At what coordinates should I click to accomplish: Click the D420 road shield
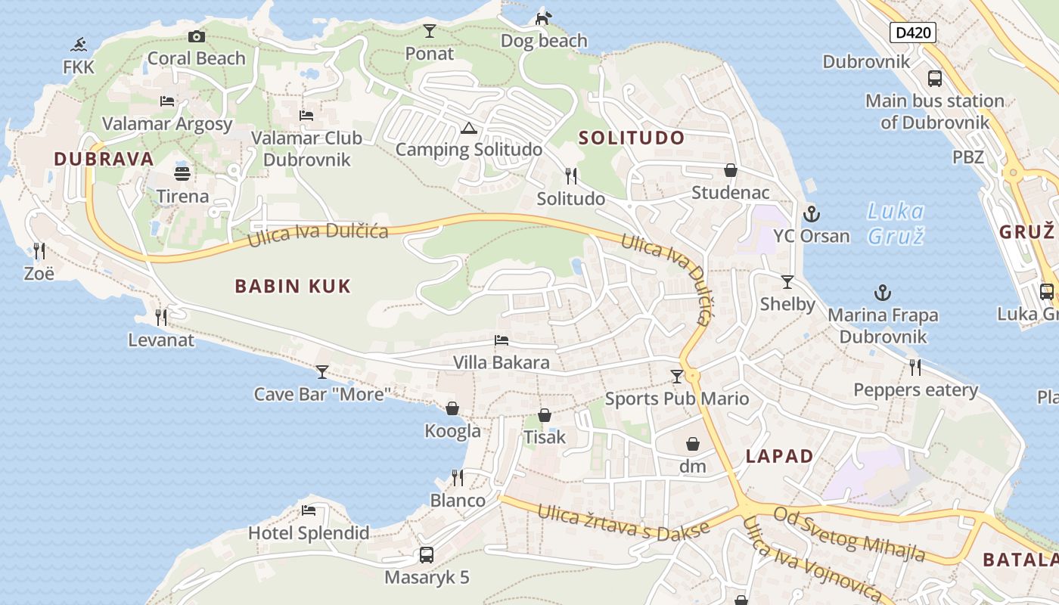coord(913,33)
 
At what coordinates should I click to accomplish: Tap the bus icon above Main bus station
coord(935,79)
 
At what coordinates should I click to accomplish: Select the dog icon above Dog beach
coord(543,18)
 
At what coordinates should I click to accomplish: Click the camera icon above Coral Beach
coord(197,36)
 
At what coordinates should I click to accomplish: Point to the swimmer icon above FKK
coord(79,45)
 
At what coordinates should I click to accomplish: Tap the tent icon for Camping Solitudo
coord(468,128)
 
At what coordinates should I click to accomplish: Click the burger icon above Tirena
coord(182,174)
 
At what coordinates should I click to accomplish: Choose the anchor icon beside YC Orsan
coord(812,214)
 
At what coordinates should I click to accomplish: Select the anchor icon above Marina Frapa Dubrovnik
coord(882,293)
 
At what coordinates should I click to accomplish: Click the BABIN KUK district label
coord(293,286)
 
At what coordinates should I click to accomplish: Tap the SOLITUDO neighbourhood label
coord(632,138)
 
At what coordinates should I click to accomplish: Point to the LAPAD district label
coord(779,456)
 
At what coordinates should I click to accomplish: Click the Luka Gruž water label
coord(896,223)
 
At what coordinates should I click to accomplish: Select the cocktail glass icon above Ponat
coord(430,31)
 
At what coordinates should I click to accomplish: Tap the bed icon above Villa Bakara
coord(501,340)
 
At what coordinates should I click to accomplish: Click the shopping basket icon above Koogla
coord(452,408)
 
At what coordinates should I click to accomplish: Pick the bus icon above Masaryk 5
coord(427,555)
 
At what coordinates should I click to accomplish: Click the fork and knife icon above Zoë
coord(39,250)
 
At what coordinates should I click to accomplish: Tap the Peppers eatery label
coord(915,390)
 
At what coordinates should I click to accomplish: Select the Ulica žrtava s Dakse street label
coord(623,523)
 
